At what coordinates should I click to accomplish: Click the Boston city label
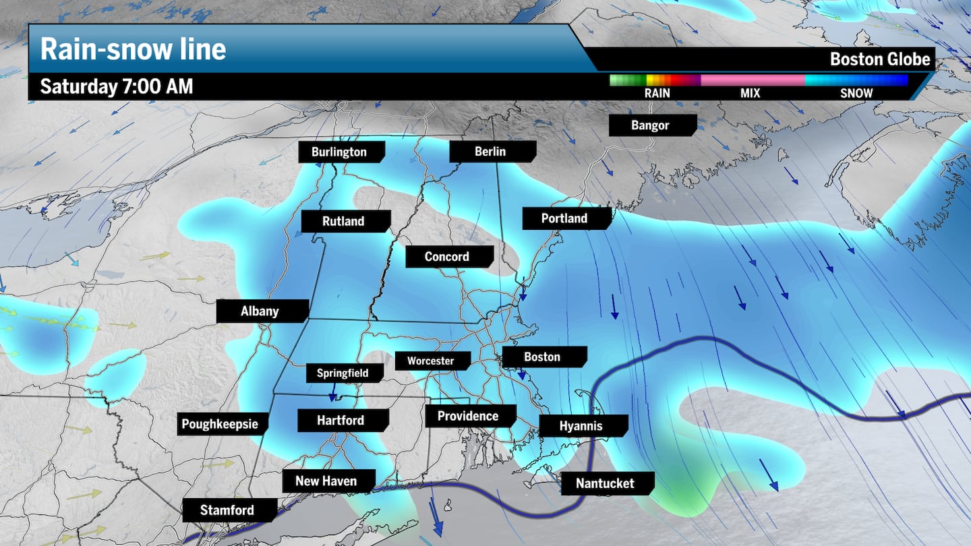542,357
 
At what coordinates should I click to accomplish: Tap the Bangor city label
650,125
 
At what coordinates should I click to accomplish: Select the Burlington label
339,152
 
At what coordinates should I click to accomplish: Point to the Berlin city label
490,151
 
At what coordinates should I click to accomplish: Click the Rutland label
343,221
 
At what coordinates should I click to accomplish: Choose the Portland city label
564,218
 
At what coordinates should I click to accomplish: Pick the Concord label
446,256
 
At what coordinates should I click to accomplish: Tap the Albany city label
260,311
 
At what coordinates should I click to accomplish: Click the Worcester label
430,361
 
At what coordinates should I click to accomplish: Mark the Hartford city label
341,420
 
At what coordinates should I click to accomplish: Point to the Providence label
468,416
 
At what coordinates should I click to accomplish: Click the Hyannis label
581,425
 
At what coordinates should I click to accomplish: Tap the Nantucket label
605,483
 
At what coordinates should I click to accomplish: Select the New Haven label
326,481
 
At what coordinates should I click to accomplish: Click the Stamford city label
227,510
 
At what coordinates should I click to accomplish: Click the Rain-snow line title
133,49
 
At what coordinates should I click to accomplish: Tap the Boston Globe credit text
880,59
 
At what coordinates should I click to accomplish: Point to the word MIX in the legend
750,93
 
